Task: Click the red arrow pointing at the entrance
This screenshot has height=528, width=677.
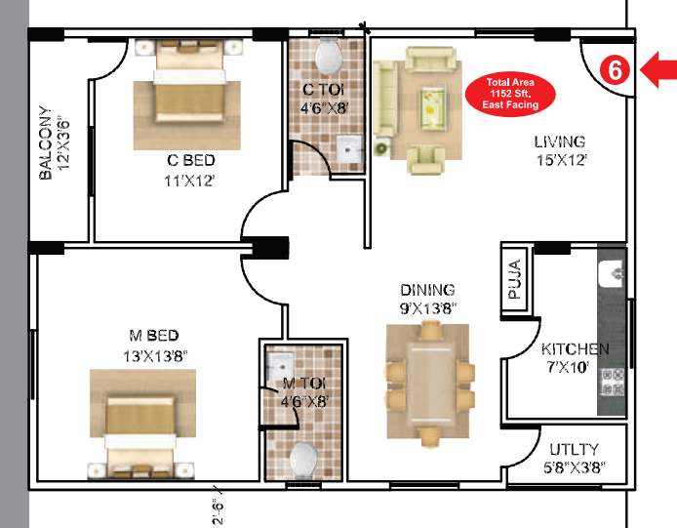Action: pos(658,69)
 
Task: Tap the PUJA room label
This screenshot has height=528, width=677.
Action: pos(516,281)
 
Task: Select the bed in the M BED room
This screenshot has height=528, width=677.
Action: pos(138,418)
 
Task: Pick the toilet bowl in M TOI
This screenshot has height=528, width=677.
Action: pos(304,459)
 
